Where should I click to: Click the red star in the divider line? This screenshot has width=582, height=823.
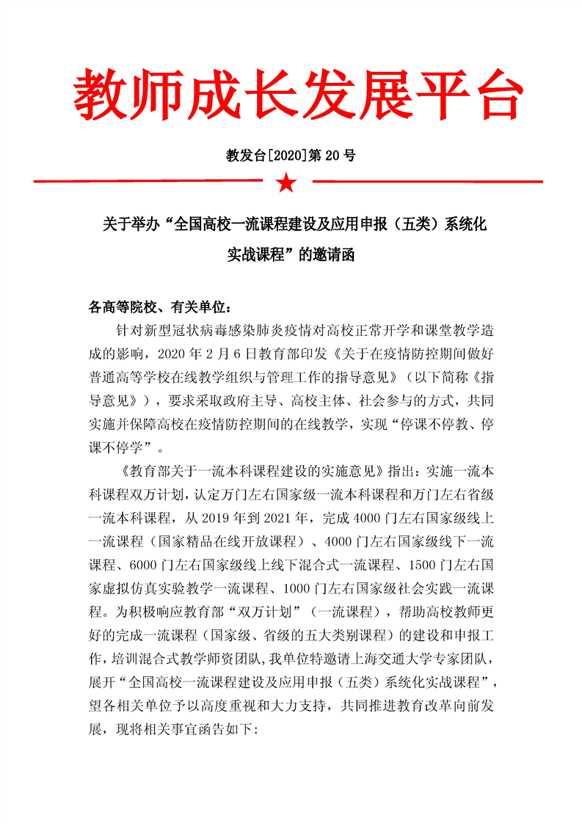[286, 181]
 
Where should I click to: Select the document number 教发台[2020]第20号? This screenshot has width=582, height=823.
[291, 156]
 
